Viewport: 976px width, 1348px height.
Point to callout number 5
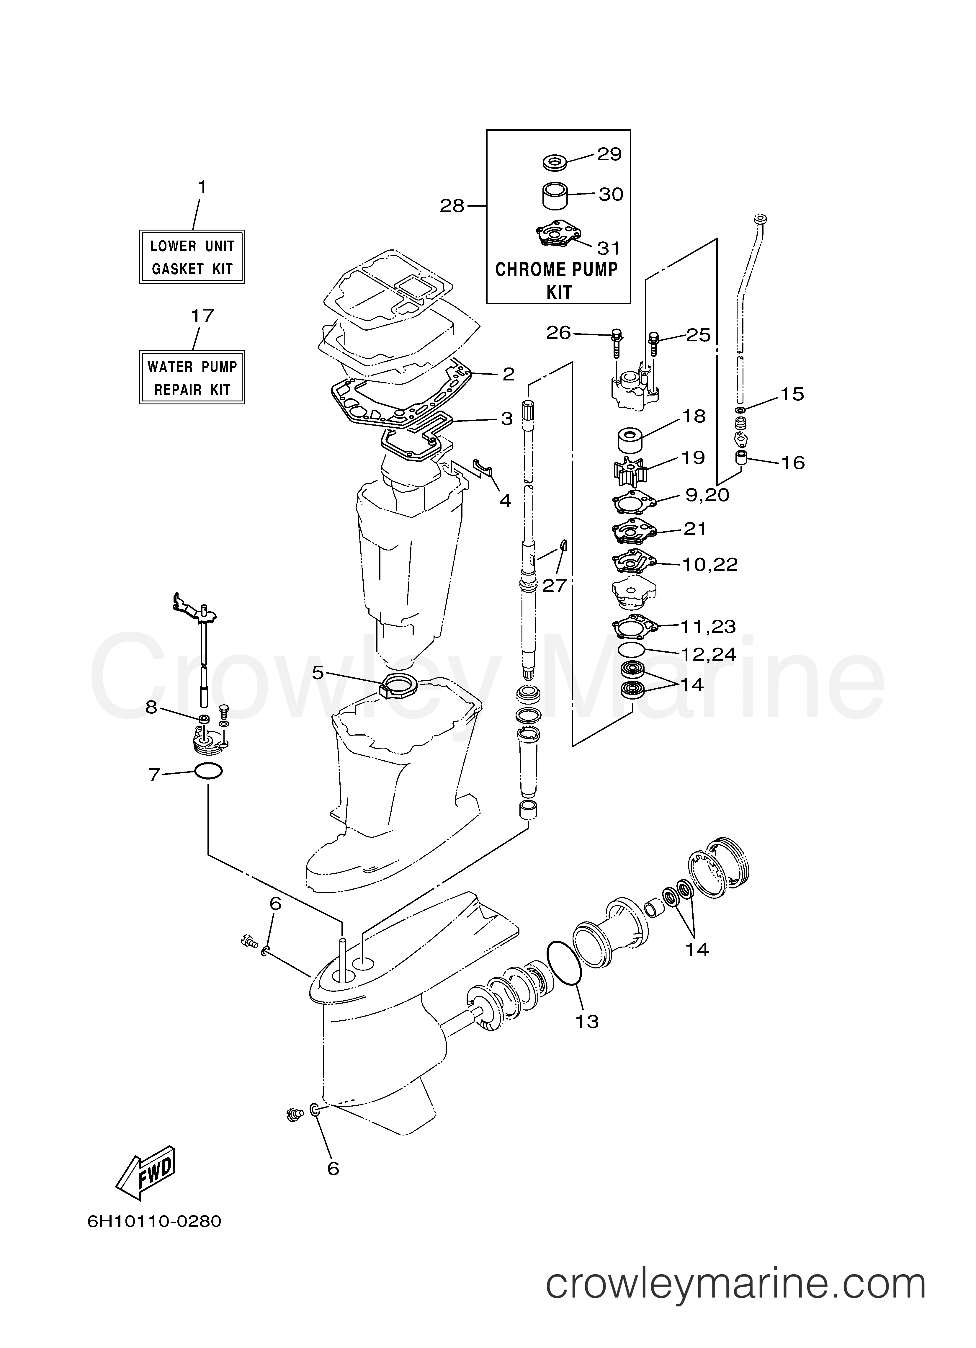(317, 673)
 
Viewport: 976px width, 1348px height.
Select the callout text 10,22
(710, 564)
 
